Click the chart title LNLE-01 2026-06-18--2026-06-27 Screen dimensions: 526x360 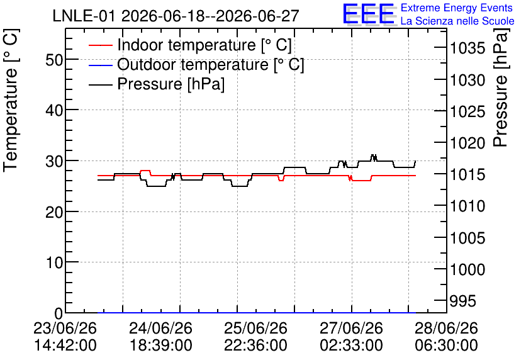point(176,16)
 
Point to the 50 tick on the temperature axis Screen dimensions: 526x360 point(54,60)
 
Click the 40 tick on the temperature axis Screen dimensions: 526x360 point(54,110)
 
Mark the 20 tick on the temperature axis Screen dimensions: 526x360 point(54,212)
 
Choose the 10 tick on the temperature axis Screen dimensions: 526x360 point(54,262)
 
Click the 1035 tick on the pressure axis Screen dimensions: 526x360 point(467,48)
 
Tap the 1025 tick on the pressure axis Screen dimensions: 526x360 point(467,111)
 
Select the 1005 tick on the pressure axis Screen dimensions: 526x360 point(467,238)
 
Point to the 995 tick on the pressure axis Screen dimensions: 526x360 point(463,301)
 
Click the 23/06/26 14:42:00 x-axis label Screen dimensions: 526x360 point(65,337)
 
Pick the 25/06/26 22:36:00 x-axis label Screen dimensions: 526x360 point(255,337)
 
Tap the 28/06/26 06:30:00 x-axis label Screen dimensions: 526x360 point(446,337)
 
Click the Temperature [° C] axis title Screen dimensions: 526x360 point(11,100)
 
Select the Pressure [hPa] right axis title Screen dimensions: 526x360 point(501,87)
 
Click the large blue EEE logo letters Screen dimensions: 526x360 point(368,14)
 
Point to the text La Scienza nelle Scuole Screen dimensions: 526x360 point(457,21)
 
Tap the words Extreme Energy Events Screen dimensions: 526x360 point(457,8)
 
